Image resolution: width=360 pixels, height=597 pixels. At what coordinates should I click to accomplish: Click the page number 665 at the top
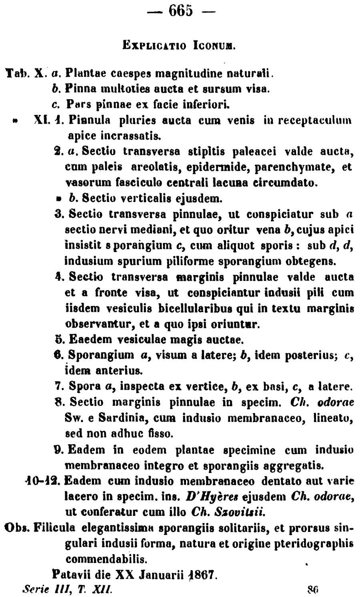point(180,11)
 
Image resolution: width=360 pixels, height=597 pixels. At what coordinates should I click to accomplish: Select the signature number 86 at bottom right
point(312,589)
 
